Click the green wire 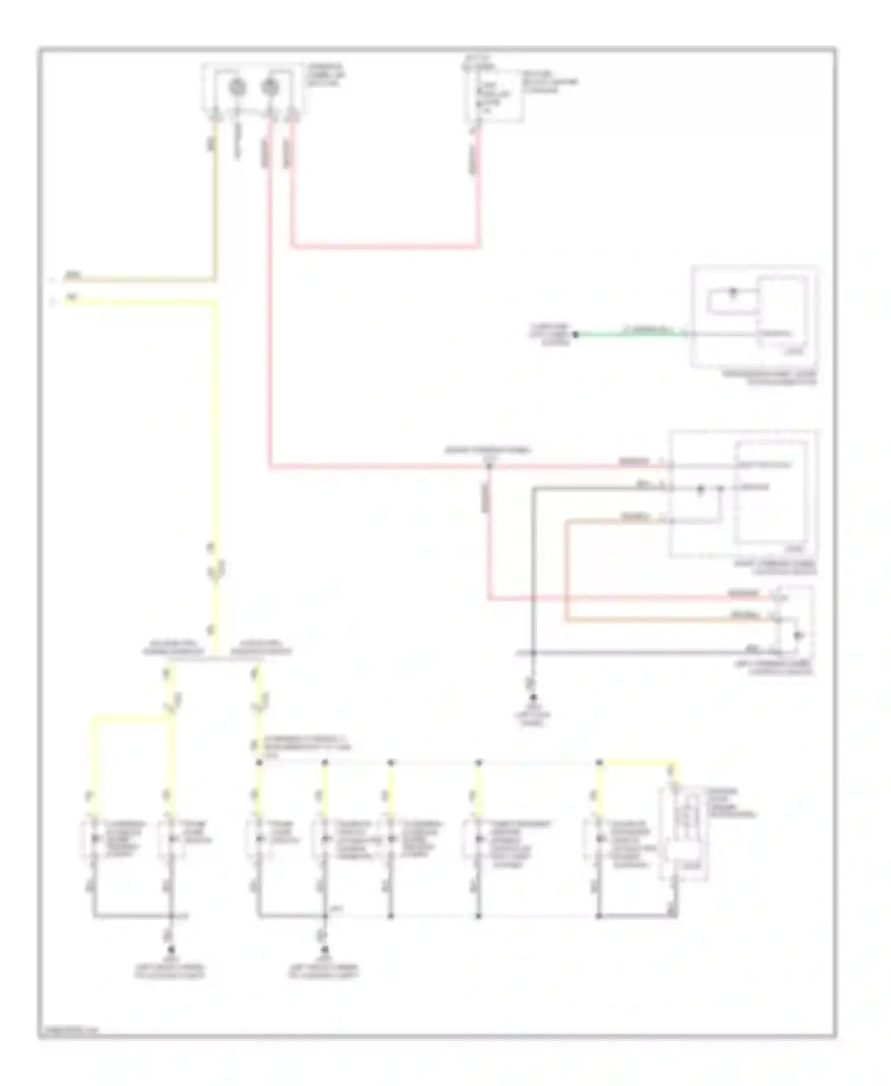tap(630, 335)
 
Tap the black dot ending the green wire tap(575, 334)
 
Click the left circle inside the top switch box tap(238, 87)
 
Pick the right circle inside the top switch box tap(270, 87)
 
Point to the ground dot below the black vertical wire tap(533, 697)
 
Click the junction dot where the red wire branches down tap(489, 466)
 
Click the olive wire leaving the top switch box tap(215, 196)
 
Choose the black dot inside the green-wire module tap(732, 292)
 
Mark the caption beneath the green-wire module tap(770, 378)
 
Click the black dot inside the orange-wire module tap(700, 489)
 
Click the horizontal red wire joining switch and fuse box tap(386, 245)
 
